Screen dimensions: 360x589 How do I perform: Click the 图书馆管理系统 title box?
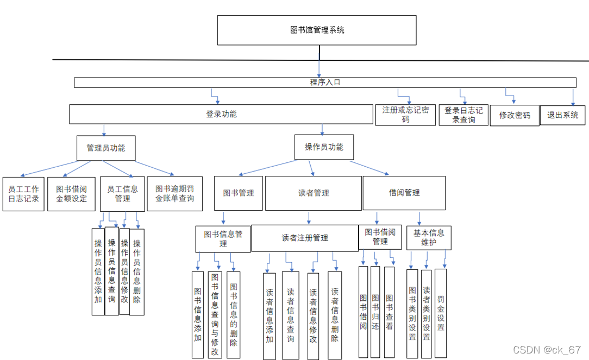(317, 30)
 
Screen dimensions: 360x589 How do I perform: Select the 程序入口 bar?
(325, 83)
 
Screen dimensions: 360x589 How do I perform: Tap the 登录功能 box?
(221, 115)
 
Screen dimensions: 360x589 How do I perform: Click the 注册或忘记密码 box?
(405, 115)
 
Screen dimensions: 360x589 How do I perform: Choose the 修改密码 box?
(515, 116)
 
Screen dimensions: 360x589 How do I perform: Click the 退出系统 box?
(562, 115)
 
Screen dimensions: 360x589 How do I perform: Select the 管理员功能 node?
(105, 148)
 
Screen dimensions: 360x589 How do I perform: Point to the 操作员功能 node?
(324, 147)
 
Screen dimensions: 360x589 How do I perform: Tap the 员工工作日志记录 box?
(23, 194)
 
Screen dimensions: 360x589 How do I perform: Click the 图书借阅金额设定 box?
(71, 194)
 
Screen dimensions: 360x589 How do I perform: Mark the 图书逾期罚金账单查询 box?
(174, 194)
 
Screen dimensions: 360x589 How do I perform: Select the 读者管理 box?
(314, 193)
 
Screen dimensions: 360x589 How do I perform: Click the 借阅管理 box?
(404, 193)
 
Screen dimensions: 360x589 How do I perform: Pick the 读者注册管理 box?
(304, 238)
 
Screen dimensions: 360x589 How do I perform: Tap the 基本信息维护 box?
(429, 238)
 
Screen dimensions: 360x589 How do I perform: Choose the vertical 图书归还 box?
(375, 312)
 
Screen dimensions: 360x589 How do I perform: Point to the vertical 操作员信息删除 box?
(137, 272)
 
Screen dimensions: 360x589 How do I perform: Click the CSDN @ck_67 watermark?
(547, 349)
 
